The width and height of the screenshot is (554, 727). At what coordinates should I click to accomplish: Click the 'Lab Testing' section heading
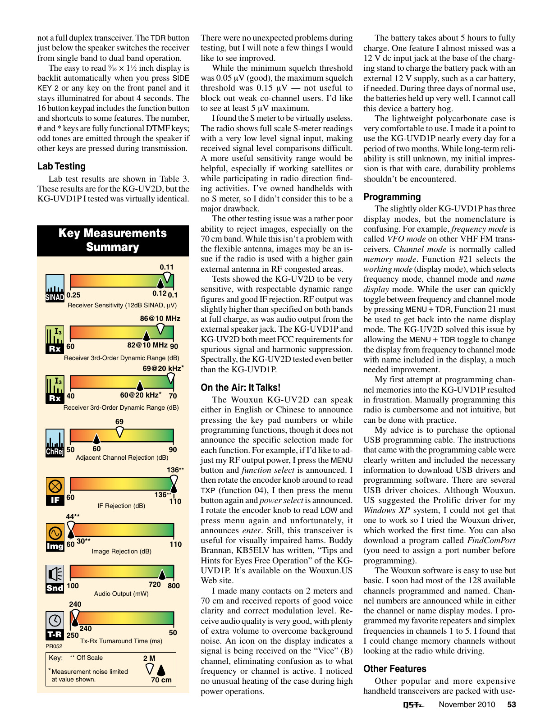[x=61, y=166]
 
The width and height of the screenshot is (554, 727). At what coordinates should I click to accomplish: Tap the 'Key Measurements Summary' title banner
[x=113, y=240]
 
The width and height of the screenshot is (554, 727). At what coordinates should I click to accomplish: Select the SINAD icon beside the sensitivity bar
[x=55, y=288]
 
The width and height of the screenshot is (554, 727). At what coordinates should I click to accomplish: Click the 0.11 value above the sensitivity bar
[x=166, y=267]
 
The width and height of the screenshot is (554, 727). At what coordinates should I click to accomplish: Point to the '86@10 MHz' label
[x=160, y=318]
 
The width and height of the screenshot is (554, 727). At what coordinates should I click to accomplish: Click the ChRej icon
[x=55, y=443]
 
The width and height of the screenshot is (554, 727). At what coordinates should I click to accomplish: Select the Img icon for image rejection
[x=55, y=538]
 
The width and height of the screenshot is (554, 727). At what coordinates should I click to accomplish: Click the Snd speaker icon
[x=55, y=579]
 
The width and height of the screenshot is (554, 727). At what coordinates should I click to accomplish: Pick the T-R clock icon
[x=55, y=626]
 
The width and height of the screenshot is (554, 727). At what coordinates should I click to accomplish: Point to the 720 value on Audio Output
[x=155, y=585]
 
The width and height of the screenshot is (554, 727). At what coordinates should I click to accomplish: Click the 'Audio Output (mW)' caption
[x=121, y=594]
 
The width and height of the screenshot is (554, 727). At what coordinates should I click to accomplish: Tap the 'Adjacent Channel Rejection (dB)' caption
[x=122, y=457]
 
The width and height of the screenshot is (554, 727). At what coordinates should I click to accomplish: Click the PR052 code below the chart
[x=54, y=646]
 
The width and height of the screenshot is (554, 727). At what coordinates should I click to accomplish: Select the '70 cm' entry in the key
[x=161, y=680]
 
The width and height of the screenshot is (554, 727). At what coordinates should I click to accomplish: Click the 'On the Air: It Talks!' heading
[x=240, y=388]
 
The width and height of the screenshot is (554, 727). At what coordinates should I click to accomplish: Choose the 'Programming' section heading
[x=392, y=197]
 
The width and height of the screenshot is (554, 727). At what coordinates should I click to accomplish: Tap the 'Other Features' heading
[x=394, y=669]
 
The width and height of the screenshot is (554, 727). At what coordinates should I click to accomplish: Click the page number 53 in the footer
[x=511, y=704]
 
